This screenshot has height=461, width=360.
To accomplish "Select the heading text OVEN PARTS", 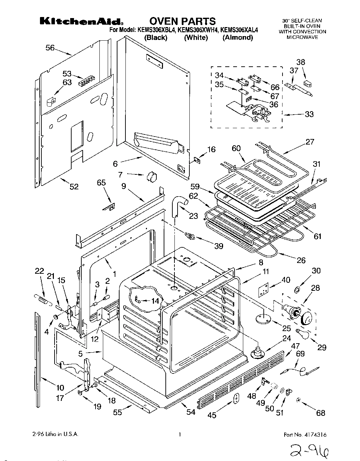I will (183, 21).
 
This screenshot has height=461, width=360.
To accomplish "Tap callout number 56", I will (50, 48).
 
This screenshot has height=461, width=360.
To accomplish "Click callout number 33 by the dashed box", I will (309, 114).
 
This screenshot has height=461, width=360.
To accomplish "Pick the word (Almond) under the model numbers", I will (237, 38).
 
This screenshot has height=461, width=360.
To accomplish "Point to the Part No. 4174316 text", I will (305, 435).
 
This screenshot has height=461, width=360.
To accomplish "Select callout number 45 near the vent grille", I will (211, 415).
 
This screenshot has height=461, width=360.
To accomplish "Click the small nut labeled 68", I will (298, 401).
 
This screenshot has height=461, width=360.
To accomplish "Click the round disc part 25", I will (263, 318).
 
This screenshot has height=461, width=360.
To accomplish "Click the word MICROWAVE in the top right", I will (302, 37).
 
